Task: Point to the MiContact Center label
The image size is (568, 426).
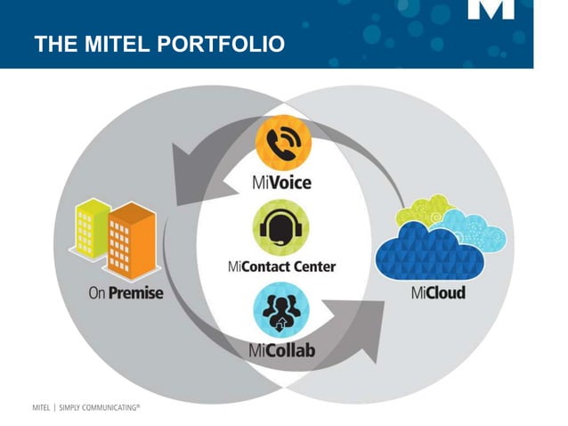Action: click(283, 266)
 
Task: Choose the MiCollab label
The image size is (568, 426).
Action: click(282, 349)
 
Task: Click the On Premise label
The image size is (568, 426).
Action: click(126, 292)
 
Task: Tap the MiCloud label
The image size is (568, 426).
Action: click(438, 292)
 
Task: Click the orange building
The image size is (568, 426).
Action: click(134, 238)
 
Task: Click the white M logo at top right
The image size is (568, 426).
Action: click(491, 11)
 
